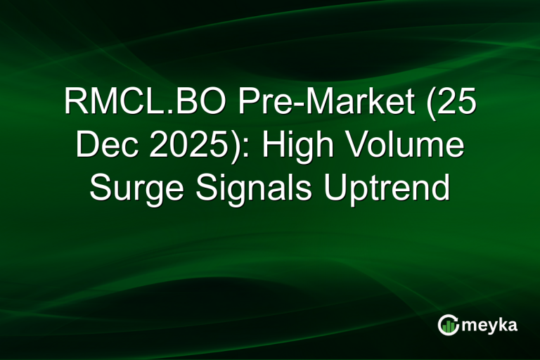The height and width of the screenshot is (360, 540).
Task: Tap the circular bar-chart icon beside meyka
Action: point(448,324)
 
